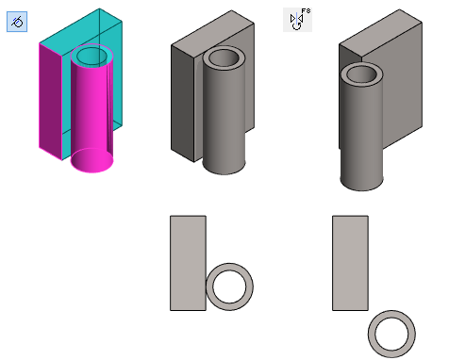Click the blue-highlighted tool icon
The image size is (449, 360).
pyautogui.click(x=17, y=22)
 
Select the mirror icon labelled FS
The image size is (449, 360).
pyautogui.click(x=297, y=20)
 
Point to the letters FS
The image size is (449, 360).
pyautogui.click(x=306, y=11)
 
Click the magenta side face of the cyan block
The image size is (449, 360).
pyautogui.click(x=50, y=102)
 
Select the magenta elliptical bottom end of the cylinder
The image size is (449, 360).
pyautogui.click(x=91, y=160)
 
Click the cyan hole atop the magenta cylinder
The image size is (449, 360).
pyautogui.click(x=91, y=57)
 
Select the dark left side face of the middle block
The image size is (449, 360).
pyautogui.click(x=183, y=104)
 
